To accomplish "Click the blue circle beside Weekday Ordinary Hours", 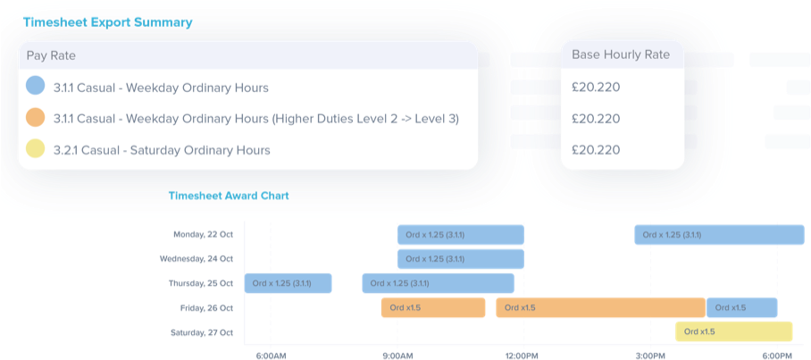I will click(35, 87).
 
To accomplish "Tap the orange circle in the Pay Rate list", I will click(35, 118).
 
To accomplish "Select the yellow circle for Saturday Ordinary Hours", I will click(35, 149).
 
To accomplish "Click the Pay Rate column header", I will click(51, 55).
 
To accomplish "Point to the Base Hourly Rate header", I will click(620, 54).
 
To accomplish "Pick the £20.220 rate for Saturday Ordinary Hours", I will click(595, 149).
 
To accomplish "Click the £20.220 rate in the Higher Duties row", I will click(595, 118).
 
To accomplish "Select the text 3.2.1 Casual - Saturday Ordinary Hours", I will click(162, 150).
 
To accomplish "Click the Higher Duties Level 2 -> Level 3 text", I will click(366, 119).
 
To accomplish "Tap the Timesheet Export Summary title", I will click(108, 22).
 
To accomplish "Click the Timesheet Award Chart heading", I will click(229, 196).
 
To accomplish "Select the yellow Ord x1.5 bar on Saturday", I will click(733, 332).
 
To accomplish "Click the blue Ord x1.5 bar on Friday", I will click(741, 308).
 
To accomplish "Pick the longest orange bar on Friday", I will click(600, 308).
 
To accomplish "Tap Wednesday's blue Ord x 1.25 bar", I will click(460, 259).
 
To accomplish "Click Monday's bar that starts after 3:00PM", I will click(719, 235).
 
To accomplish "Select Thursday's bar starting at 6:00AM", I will click(288, 284).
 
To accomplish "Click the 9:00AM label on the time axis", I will click(397, 355).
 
